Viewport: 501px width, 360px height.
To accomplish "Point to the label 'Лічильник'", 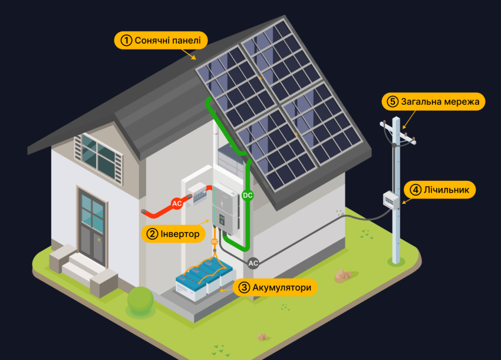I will (439, 190).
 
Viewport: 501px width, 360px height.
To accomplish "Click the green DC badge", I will (248, 195).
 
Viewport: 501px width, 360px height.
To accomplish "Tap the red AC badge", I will (176, 204).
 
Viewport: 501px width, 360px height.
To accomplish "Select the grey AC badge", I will (253, 263).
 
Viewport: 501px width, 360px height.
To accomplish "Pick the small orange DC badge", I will (215, 241).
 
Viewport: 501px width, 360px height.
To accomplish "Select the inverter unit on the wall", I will (225, 206).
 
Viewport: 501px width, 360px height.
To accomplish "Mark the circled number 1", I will (126, 41).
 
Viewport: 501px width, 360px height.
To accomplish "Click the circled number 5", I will (393, 101).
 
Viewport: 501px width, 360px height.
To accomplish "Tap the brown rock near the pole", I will (342, 275).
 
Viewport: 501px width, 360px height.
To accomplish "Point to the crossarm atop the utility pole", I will (397, 134).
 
